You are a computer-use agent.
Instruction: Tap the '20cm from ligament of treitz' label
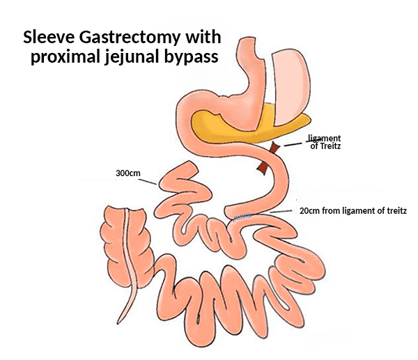(x=352, y=210)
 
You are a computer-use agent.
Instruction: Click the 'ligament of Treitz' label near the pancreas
(x=325, y=143)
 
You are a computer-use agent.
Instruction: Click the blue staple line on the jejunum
(x=241, y=217)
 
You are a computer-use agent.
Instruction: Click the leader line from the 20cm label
(x=281, y=211)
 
